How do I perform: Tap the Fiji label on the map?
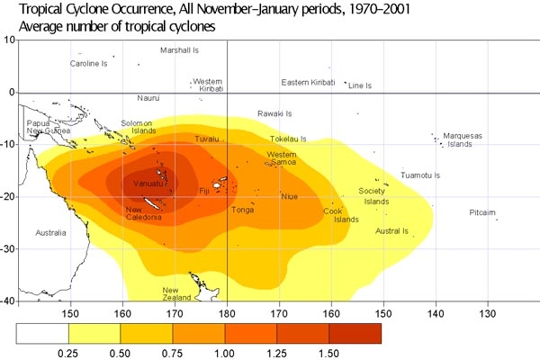point(203,192)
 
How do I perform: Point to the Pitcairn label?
point(482,212)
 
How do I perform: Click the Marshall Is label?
point(179,50)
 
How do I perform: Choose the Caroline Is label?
point(89,64)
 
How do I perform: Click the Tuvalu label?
point(207,139)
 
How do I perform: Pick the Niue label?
point(289,196)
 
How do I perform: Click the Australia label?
point(50,233)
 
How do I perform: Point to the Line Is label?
point(360,85)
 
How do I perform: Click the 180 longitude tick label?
point(228,313)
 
